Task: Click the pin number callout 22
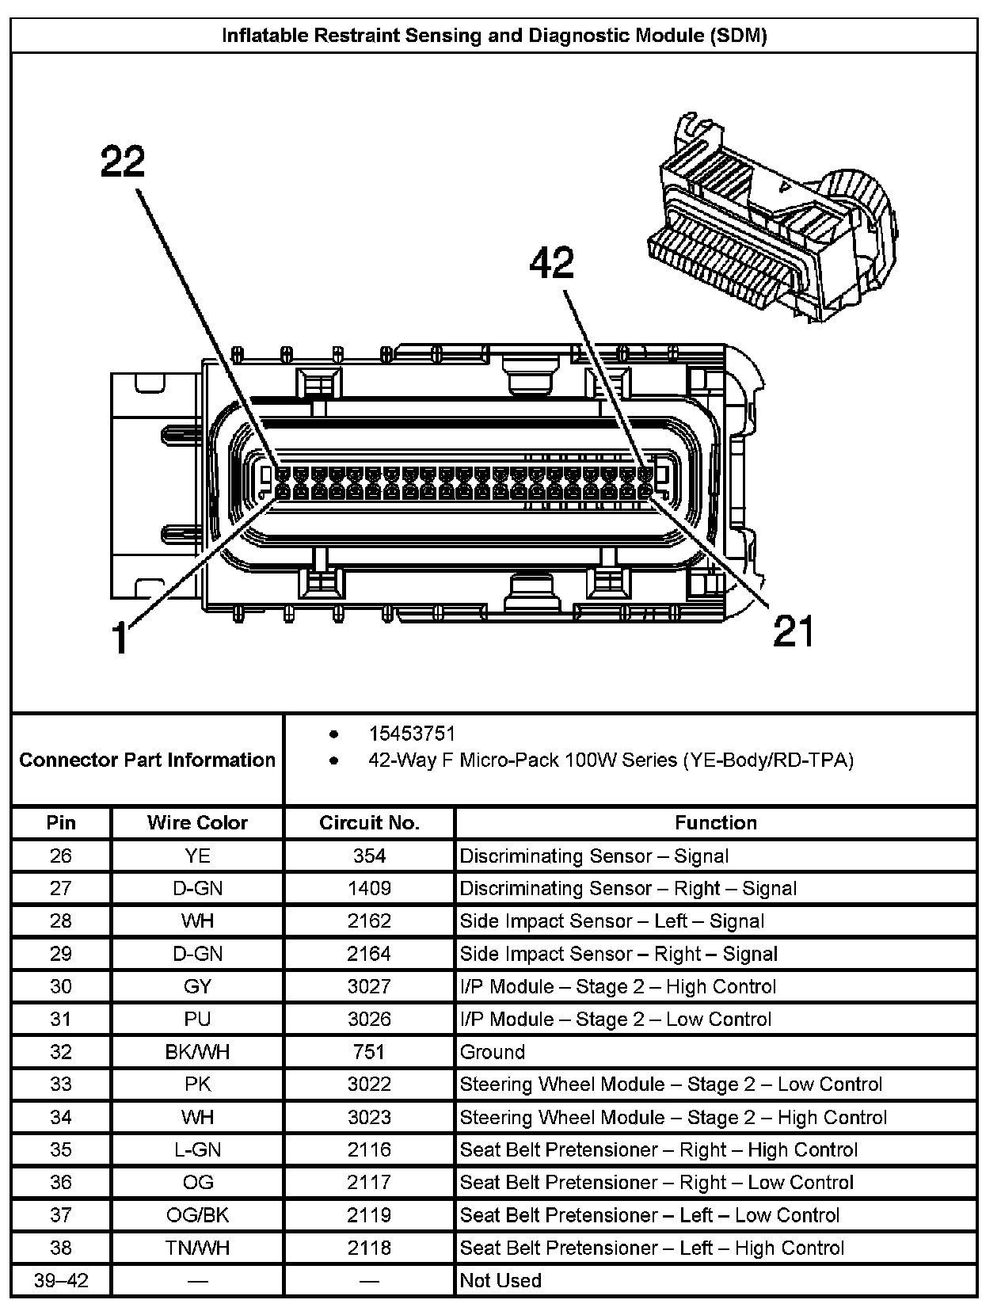point(124,162)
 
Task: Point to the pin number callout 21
point(793,631)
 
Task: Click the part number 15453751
point(412,734)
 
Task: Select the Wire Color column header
point(197,822)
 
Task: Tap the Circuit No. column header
point(369,822)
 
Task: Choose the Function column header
point(715,822)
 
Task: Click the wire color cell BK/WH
point(197,1051)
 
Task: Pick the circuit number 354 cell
point(369,856)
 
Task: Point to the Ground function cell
point(493,1051)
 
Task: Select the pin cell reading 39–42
point(61,1280)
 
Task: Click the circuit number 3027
point(369,986)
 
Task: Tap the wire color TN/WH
point(197,1248)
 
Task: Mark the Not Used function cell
point(500,1280)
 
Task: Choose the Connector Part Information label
point(147,760)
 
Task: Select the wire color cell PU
point(197,1019)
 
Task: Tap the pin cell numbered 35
point(61,1149)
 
